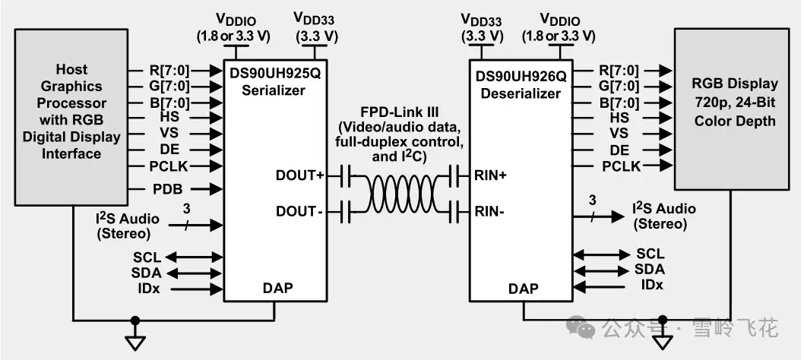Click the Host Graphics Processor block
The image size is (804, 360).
pos(71,118)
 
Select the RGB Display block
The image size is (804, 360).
pos(732,109)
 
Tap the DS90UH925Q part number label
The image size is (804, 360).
pos(274,74)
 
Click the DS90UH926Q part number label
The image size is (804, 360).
pos(521,77)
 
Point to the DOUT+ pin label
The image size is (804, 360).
pos(300,175)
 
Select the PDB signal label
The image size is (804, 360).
pos(168,189)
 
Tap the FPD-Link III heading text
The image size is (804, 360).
pos(399,112)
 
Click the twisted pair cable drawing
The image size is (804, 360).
pos(399,194)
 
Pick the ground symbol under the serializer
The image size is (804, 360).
pos(135,342)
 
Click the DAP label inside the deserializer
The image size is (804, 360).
pos(524,289)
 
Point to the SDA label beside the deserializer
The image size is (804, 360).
pos(650,269)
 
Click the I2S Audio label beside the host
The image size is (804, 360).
pos(127,226)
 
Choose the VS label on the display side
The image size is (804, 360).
pos(619,134)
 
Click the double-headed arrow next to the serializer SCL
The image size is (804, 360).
pos(193,257)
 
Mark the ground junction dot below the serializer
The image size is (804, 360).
pos(135,321)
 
